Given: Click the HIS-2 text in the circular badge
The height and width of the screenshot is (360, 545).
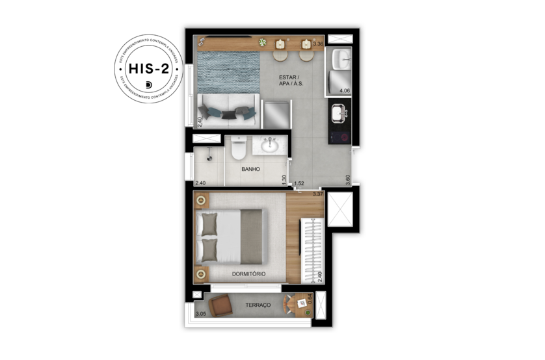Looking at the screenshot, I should (x=148, y=69).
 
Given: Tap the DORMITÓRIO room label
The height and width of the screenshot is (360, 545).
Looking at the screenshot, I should (x=248, y=274).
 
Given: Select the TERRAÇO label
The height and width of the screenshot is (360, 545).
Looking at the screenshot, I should (x=258, y=304).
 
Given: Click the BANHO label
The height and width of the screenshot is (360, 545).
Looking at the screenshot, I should (x=250, y=169).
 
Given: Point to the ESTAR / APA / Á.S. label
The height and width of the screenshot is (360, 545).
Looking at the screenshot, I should (x=291, y=80).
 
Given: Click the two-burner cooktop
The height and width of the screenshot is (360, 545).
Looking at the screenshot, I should (x=339, y=137).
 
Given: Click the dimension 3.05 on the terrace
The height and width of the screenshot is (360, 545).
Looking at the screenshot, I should (x=200, y=314).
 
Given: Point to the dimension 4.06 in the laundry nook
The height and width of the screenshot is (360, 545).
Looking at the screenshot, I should (x=345, y=91).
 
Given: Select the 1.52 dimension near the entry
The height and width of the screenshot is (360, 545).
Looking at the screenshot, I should (x=299, y=184).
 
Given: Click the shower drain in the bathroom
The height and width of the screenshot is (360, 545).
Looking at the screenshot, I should (x=209, y=157).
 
